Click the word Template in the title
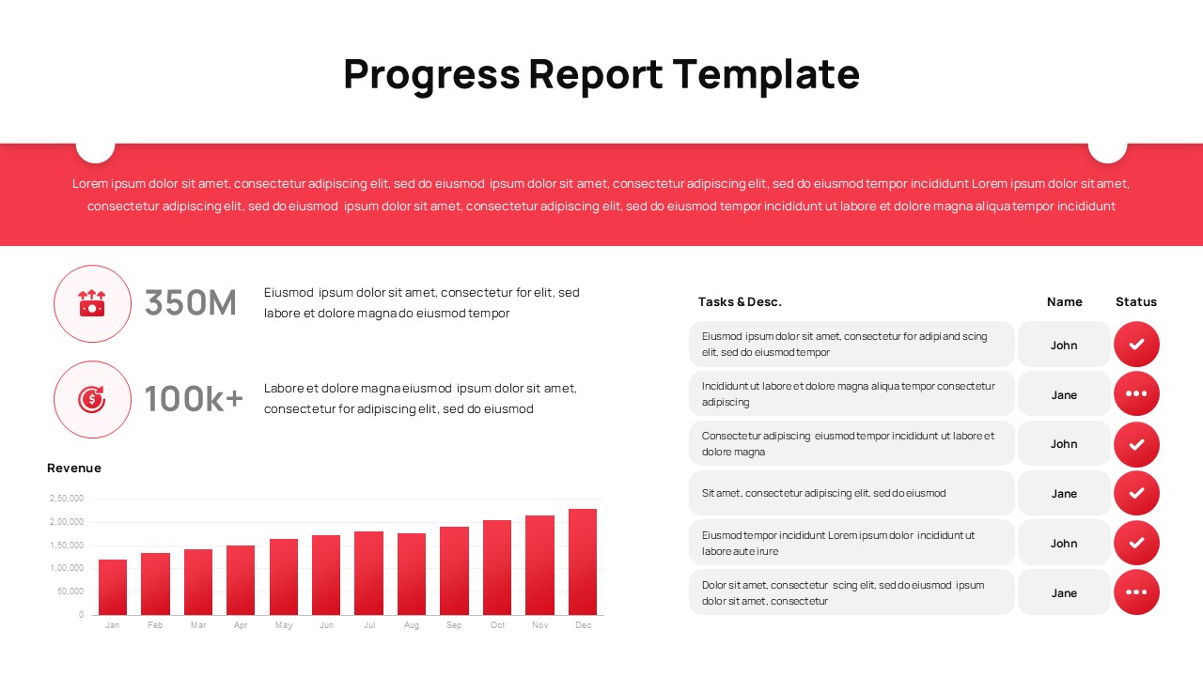pyautogui.click(x=766, y=74)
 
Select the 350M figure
pyautogui.click(x=191, y=303)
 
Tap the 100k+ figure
pyautogui.click(x=194, y=399)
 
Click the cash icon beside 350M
pyautogui.click(x=92, y=303)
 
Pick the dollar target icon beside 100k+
pyautogui.click(x=92, y=399)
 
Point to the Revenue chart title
pyautogui.click(x=74, y=468)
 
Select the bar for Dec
pyautogui.click(x=583, y=561)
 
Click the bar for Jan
pyautogui.click(x=113, y=587)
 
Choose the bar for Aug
pyautogui.click(x=412, y=574)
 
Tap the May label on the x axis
pyautogui.click(x=284, y=625)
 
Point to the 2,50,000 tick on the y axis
pyautogui.click(x=67, y=499)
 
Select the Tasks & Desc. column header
pyautogui.click(x=740, y=301)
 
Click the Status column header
pyautogui.click(x=1136, y=301)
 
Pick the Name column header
pyautogui.click(x=1065, y=301)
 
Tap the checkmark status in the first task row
pyautogui.click(x=1136, y=345)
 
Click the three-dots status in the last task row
pyautogui.click(x=1136, y=592)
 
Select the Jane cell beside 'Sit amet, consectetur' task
pyautogui.click(x=1064, y=493)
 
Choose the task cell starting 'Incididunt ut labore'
pyautogui.click(x=851, y=393)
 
